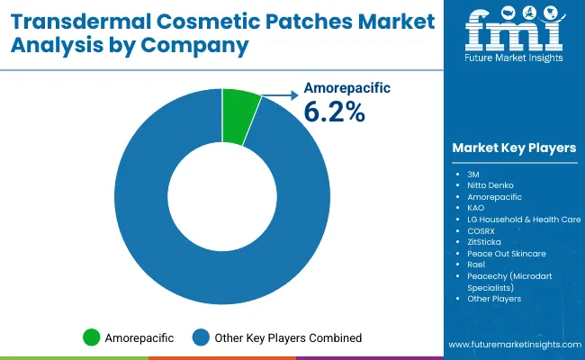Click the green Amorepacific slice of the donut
tap(239, 116)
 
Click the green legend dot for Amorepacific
tap(91, 337)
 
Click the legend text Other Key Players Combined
tap(288, 337)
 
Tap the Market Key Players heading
tap(515, 148)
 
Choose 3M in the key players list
tap(473, 172)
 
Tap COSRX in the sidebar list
tap(482, 230)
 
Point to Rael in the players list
tap(477, 265)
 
